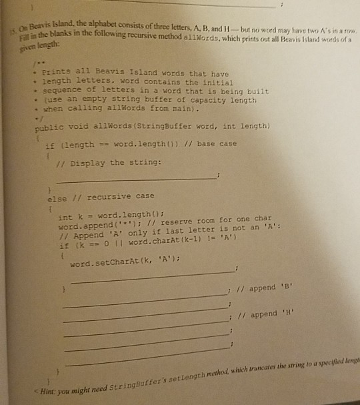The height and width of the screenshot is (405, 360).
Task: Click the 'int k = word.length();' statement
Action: tap(100, 218)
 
